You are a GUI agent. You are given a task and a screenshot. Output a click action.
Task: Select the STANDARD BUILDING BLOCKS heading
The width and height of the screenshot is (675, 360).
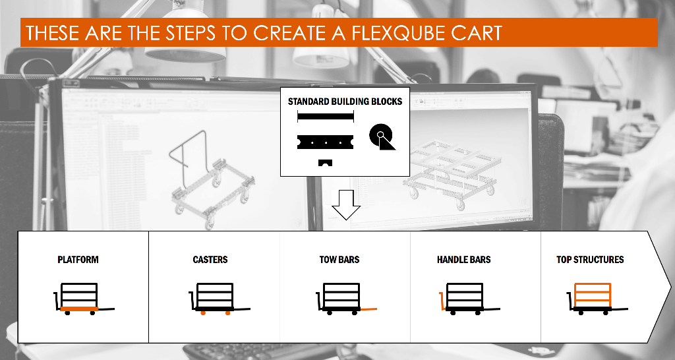(345, 102)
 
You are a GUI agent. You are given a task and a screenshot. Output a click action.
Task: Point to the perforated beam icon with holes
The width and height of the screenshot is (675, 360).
(325, 141)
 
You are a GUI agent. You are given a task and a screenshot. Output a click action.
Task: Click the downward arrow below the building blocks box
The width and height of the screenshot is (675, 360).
(345, 204)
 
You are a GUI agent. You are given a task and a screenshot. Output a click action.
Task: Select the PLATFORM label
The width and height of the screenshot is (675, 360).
(78, 260)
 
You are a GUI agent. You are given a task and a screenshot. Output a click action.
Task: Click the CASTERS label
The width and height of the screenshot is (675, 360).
(210, 260)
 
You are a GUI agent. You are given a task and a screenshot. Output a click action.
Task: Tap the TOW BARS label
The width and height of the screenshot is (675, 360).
(339, 260)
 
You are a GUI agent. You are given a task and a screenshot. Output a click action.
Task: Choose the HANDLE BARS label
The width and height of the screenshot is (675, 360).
(463, 260)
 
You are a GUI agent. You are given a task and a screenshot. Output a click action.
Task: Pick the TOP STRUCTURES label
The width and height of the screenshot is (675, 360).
(590, 260)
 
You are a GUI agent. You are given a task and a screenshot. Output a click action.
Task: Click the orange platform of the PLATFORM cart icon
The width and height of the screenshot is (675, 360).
(79, 309)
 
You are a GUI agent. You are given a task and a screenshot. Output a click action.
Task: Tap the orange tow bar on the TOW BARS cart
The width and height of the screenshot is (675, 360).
(368, 309)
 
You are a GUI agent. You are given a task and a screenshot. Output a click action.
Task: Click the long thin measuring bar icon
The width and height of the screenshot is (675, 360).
(326, 117)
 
